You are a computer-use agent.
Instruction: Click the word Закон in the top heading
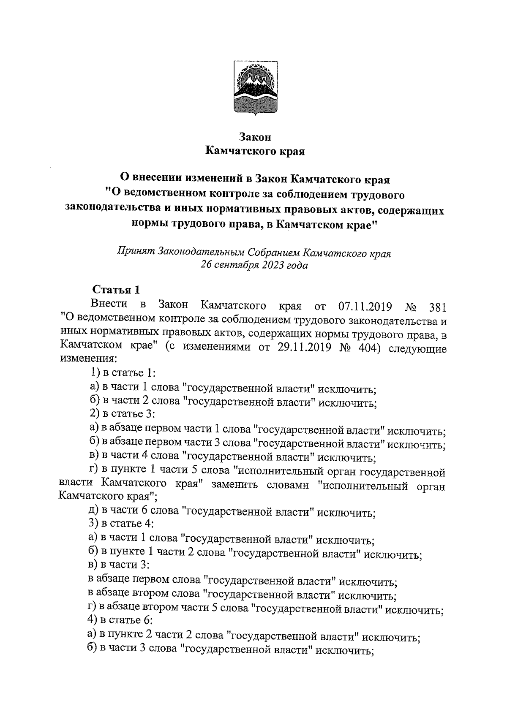[255, 137]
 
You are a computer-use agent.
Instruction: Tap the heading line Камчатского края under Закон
[255, 151]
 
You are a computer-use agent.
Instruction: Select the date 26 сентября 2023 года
[254, 266]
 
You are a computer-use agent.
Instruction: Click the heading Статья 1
[116, 290]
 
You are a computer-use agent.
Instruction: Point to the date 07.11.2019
[365, 306]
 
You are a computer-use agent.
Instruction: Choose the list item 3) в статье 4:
[122, 524]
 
